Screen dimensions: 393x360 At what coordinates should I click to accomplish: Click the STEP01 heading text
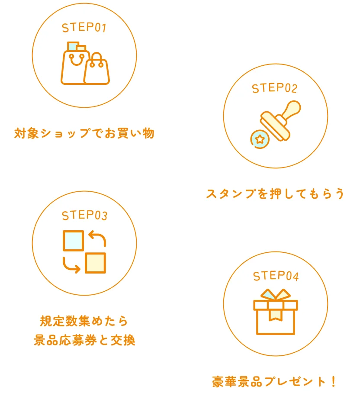[x=84, y=28]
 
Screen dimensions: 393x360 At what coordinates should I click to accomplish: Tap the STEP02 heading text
[x=275, y=88]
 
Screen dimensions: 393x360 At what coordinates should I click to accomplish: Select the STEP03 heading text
[x=84, y=215]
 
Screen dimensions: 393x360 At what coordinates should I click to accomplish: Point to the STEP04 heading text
[x=276, y=276]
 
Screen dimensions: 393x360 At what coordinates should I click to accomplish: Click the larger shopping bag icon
[x=74, y=67]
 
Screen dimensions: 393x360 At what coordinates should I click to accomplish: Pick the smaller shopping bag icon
[x=96, y=71]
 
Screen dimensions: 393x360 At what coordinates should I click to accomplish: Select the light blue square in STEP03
[x=73, y=241]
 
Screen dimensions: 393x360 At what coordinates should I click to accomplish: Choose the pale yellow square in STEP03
[x=95, y=263]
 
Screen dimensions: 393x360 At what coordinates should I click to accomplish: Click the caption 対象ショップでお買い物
[x=84, y=133]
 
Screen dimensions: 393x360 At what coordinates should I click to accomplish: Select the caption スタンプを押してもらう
[x=275, y=193]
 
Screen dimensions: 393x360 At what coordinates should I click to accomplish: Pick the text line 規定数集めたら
[x=84, y=321]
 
